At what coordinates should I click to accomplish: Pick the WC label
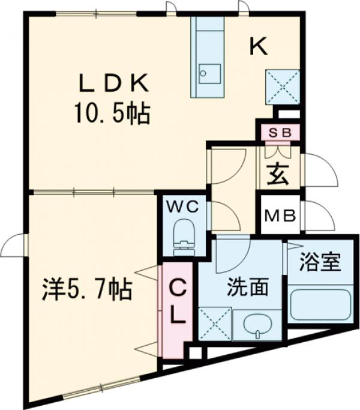pyautogui.click(x=182, y=207)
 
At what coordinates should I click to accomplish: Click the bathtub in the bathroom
pyautogui.click(x=320, y=306)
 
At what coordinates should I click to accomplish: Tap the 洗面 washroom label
pyautogui.click(x=247, y=288)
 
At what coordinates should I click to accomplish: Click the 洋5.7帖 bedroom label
pyautogui.click(x=87, y=291)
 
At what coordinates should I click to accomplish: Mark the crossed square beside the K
pyautogui.click(x=283, y=87)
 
